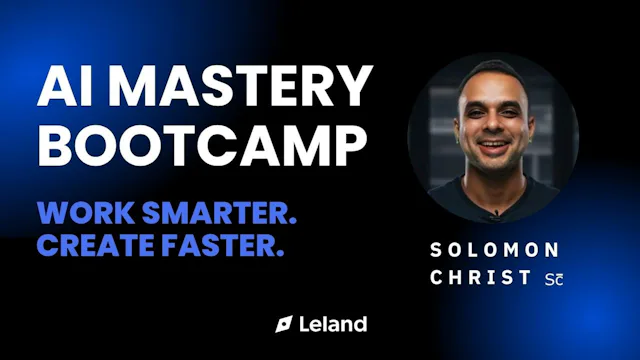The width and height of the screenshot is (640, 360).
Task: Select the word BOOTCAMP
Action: [201, 145]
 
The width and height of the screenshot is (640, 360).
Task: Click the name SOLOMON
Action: [494, 250]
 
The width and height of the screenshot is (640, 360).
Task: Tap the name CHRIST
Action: [480, 278]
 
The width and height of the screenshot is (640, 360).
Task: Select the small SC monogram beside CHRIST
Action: [553, 279]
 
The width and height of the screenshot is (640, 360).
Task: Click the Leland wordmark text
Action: [333, 324]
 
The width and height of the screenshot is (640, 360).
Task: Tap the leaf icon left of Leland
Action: [284, 324]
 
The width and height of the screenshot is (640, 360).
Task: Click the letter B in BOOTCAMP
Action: [54, 145]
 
